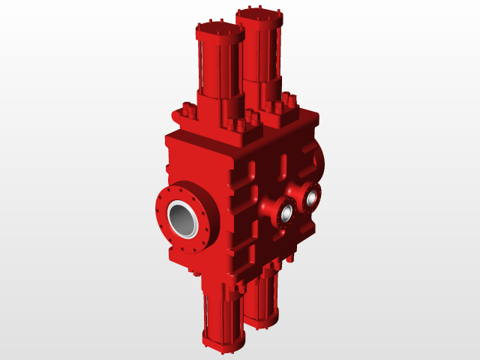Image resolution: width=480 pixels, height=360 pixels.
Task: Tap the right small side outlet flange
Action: pos(311,197)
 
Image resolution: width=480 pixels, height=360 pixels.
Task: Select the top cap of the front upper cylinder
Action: pos(220,31)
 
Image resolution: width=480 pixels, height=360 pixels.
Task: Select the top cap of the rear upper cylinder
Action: pos(259,16)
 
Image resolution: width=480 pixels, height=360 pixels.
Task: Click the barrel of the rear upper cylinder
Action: pos(262,56)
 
